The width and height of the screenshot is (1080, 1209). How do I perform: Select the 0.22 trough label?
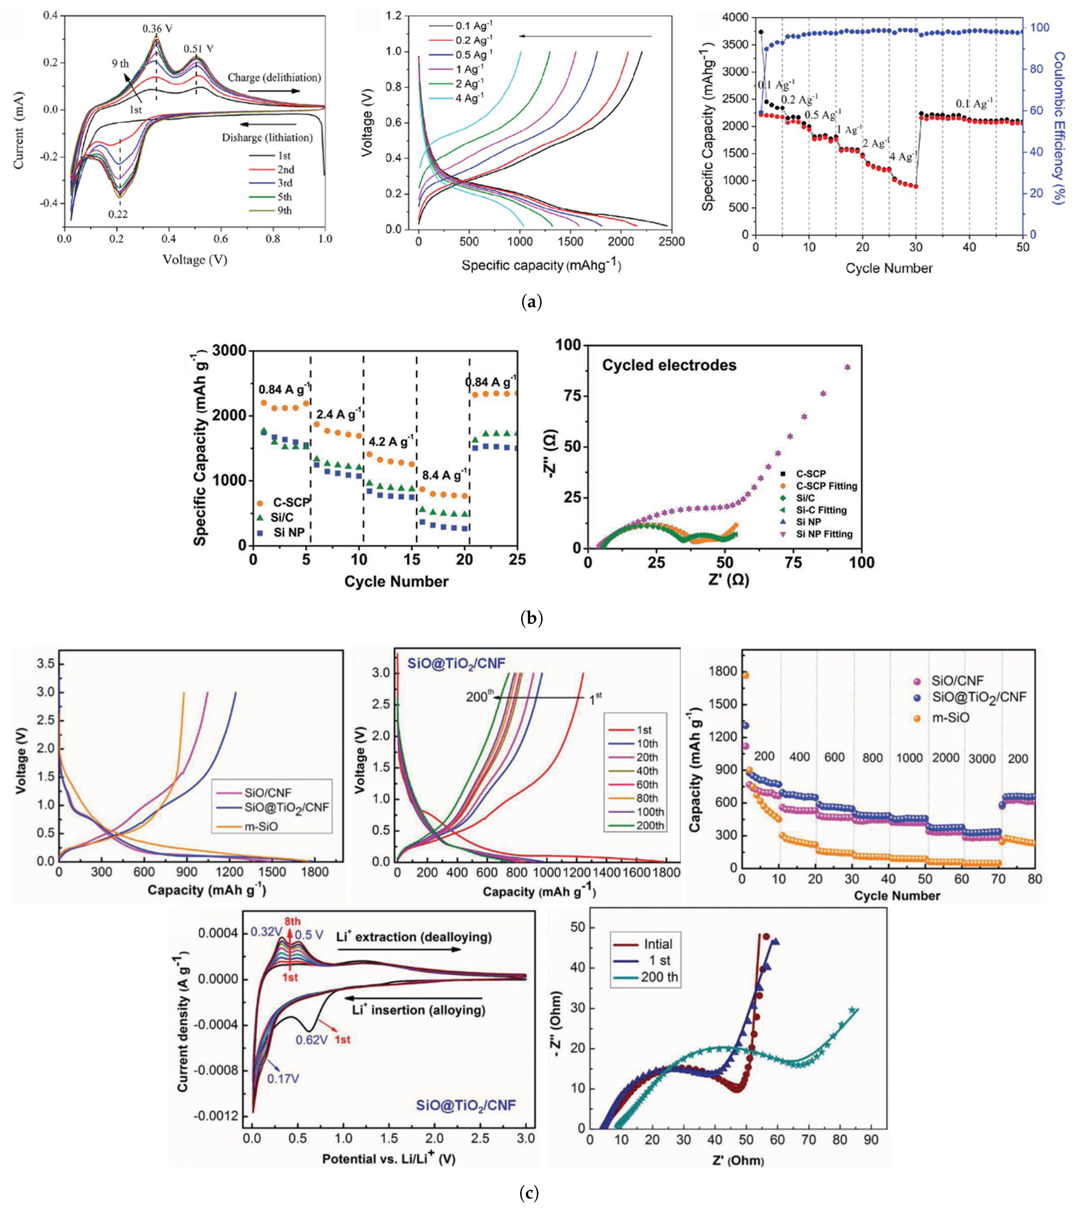[118, 215]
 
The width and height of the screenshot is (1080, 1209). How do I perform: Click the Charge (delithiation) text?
[274, 78]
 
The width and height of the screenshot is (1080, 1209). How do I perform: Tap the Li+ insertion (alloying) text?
[418, 1010]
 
